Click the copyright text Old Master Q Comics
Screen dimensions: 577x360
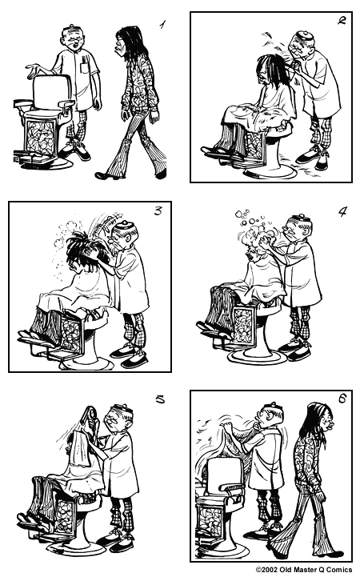click(304, 570)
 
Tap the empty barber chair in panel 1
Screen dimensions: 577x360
click(48, 120)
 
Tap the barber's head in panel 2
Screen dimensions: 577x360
click(300, 44)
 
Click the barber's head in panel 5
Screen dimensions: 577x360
click(122, 418)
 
